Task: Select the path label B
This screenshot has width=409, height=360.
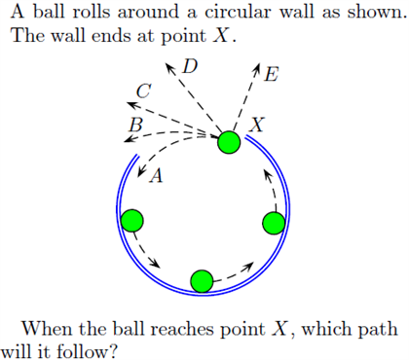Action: click(x=135, y=126)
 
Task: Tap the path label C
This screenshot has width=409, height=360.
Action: click(x=144, y=90)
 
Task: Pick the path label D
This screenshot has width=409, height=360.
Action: click(x=190, y=67)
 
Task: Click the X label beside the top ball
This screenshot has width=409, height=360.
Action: click(x=256, y=125)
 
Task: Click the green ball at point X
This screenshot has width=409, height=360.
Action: click(x=229, y=143)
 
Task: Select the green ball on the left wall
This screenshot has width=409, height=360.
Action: click(x=132, y=220)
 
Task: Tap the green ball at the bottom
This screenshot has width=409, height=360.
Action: click(x=202, y=281)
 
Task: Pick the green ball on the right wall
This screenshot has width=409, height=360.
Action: click(x=274, y=224)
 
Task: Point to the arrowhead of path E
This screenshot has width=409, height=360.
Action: click(x=257, y=69)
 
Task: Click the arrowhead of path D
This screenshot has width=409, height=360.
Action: click(x=168, y=68)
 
